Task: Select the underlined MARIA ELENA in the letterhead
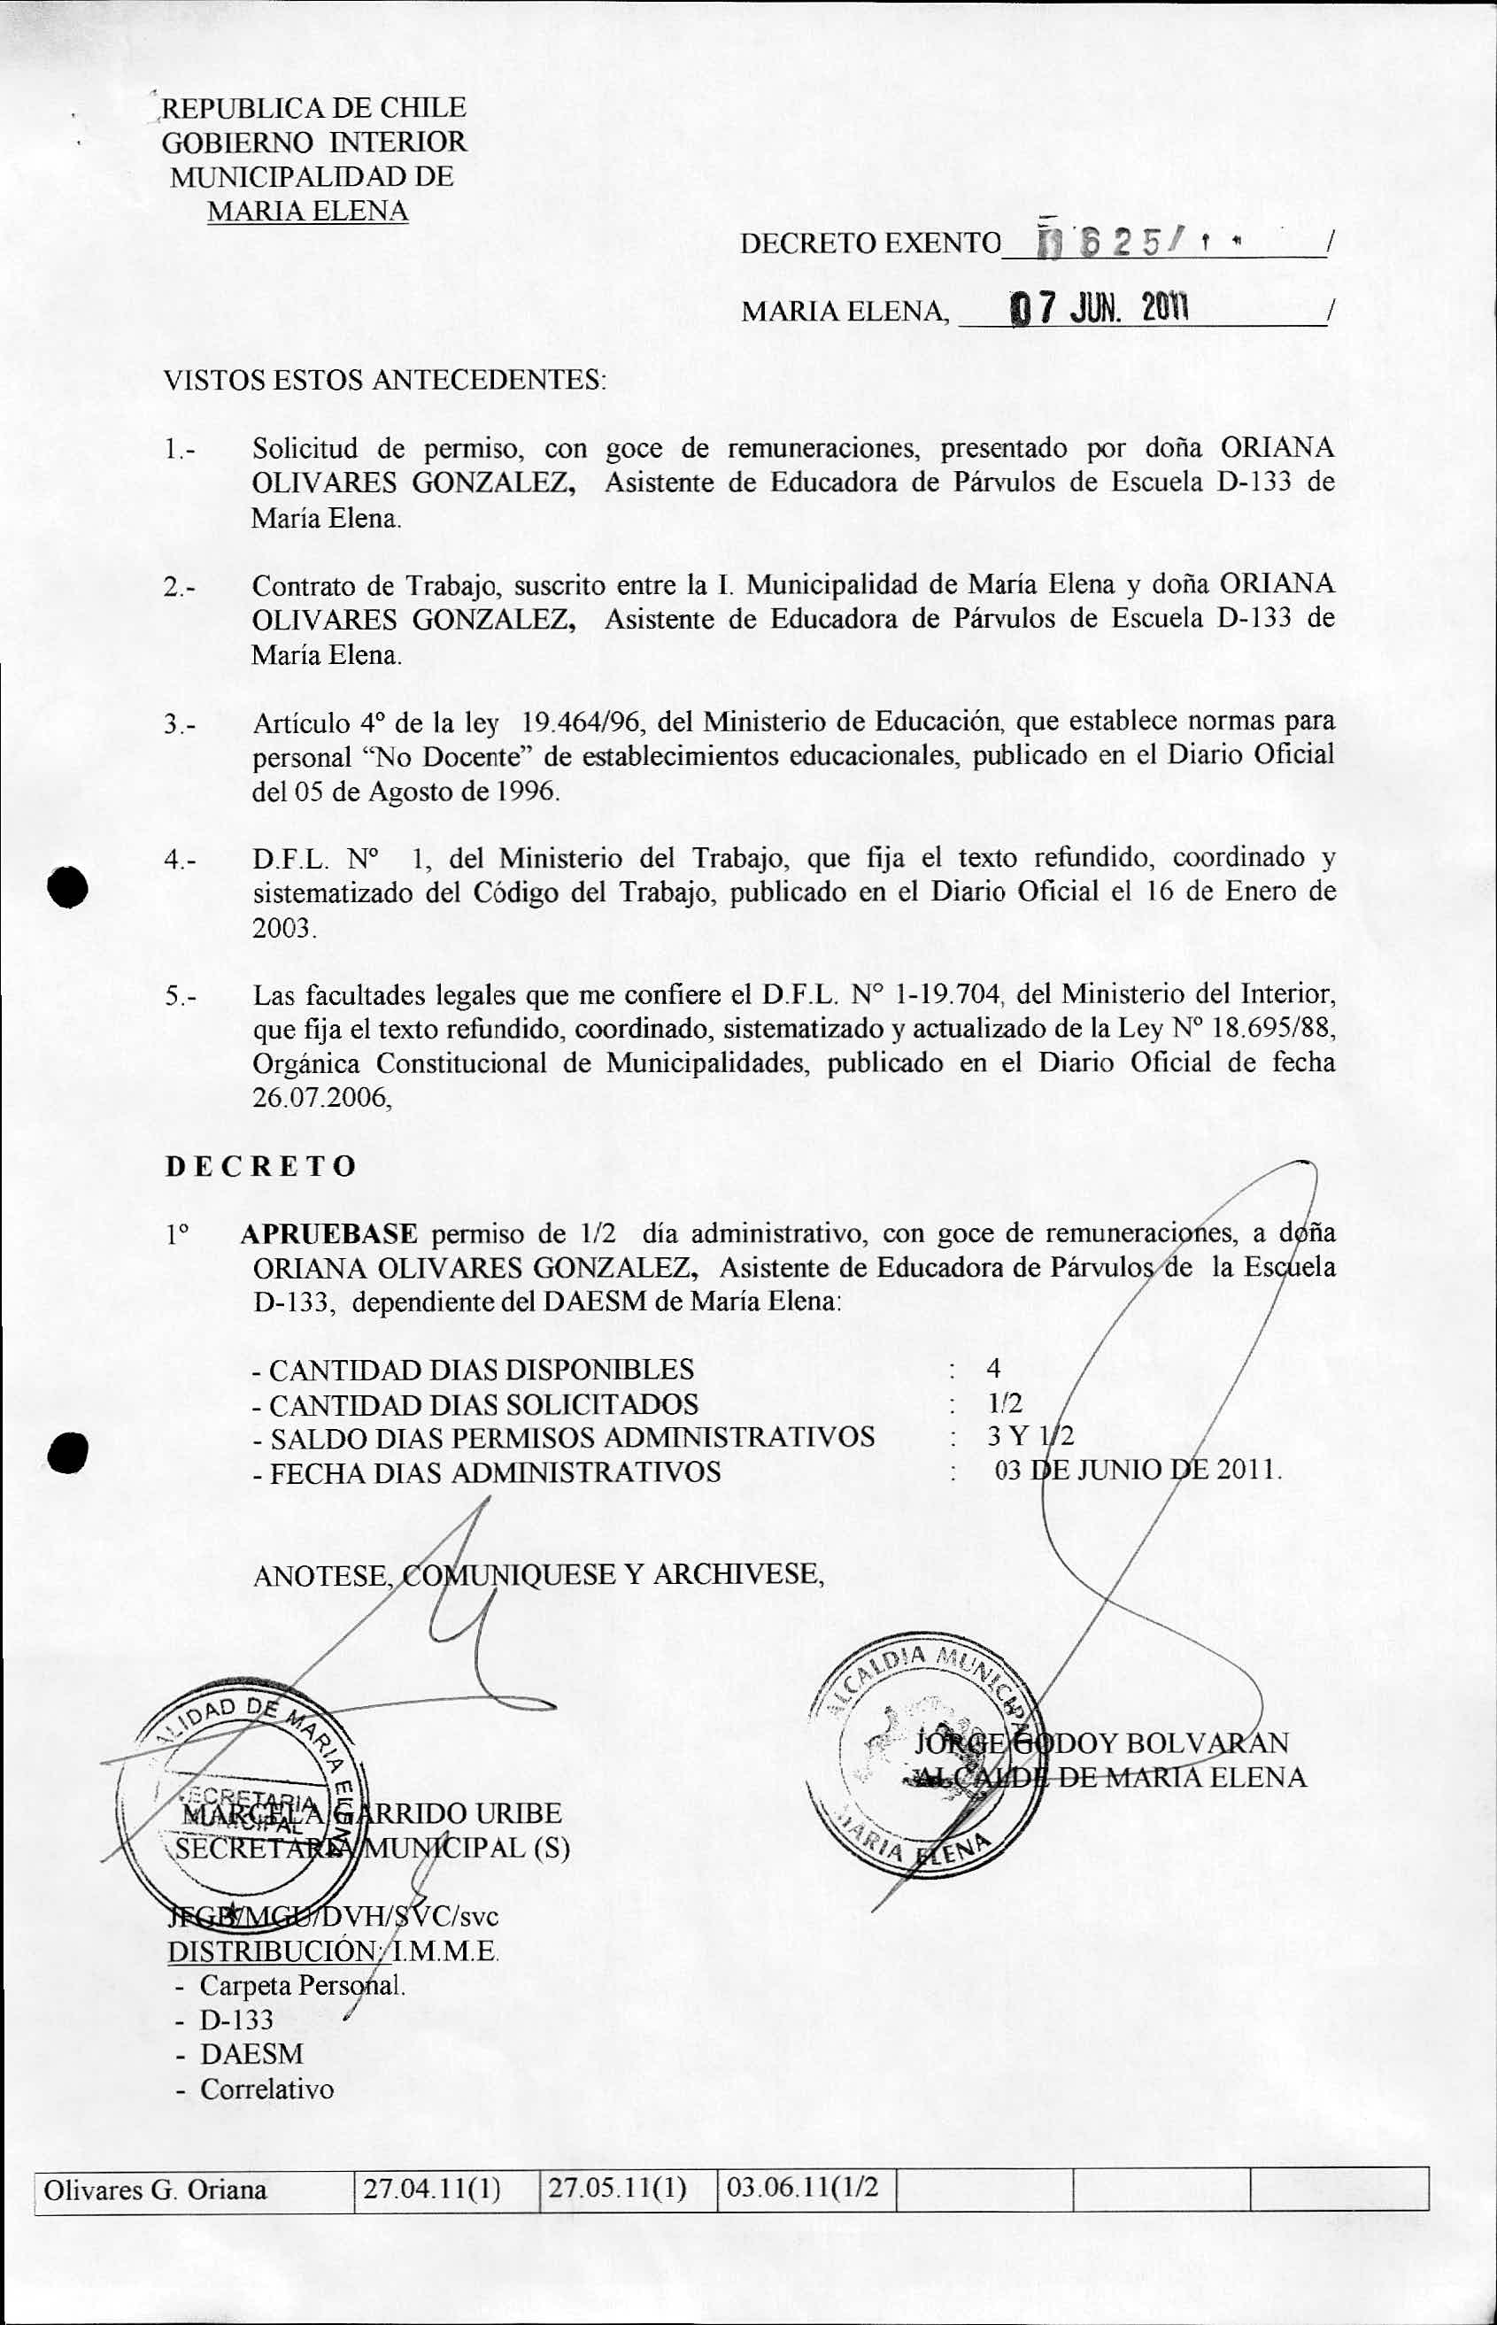click(x=307, y=211)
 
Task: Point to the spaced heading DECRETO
click(x=260, y=1166)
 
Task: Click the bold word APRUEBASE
click(x=328, y=1234)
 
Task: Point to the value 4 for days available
click(x=992, y=1369)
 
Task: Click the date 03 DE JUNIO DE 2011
click(x=1138, y=1471)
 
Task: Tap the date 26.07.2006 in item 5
click(x=320, y=1096)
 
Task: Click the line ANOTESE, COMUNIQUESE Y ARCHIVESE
click(x=538, y=1574)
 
